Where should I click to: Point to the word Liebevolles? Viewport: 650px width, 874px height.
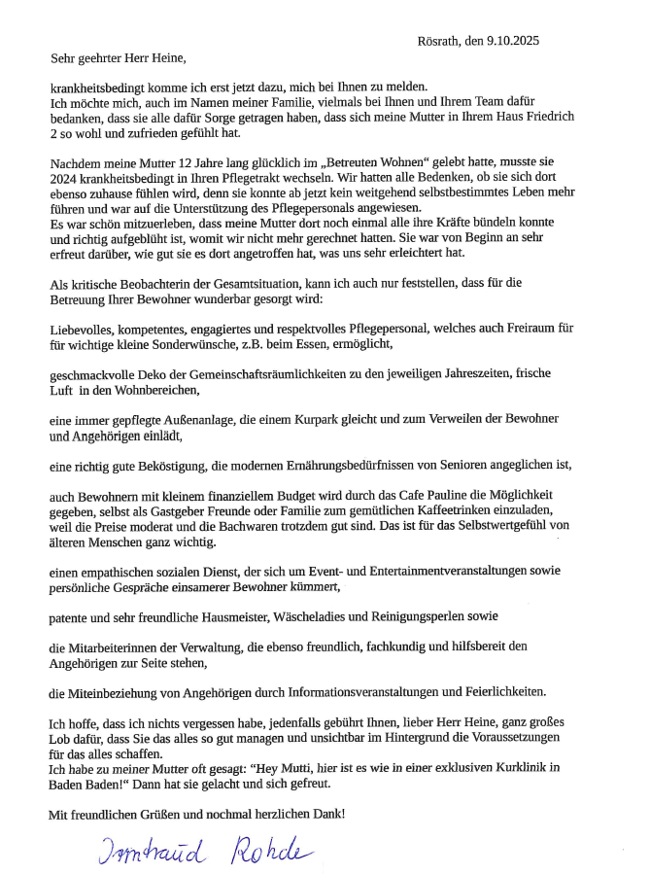pos(82,331)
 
